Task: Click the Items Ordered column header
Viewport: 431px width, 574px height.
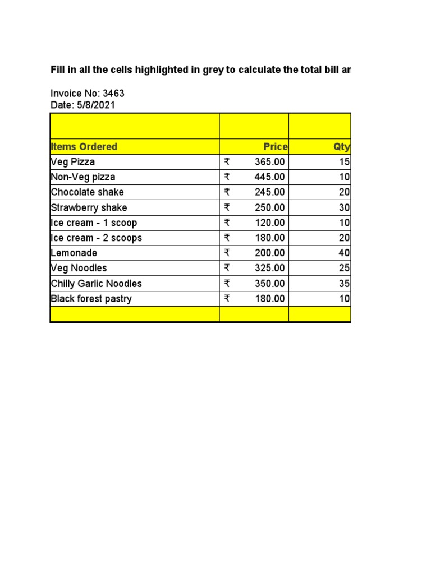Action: tap(84, 147)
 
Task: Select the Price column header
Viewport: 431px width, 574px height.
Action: tap(276, 147)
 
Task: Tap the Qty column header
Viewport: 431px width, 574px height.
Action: tap(341, 147)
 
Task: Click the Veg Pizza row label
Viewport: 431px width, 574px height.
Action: tap(73, 162)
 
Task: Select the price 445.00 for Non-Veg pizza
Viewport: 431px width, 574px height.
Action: tap(269, 177)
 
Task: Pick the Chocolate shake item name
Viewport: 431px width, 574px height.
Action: tap(87, 192)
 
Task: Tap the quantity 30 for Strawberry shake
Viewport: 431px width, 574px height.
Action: tap(344, 207)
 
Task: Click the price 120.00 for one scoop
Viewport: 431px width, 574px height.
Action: tap(269, 223)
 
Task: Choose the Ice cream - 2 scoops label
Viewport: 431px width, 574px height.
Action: tap(97, 238)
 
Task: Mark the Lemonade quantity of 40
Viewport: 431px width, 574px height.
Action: tap(344, 253)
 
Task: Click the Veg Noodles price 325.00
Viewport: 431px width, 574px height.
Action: tap(269, 268)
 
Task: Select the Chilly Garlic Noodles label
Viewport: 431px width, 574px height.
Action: tap(97, 284)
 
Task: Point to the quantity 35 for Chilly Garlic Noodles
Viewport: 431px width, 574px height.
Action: tap(344, 284)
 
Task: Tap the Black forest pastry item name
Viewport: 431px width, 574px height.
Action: tap(91, 299)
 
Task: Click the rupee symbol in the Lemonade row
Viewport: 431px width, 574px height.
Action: tap(227, 253)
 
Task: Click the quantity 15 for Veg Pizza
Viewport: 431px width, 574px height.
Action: tap(344, 162)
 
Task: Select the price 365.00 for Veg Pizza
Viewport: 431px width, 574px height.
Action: tap(269, 162)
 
